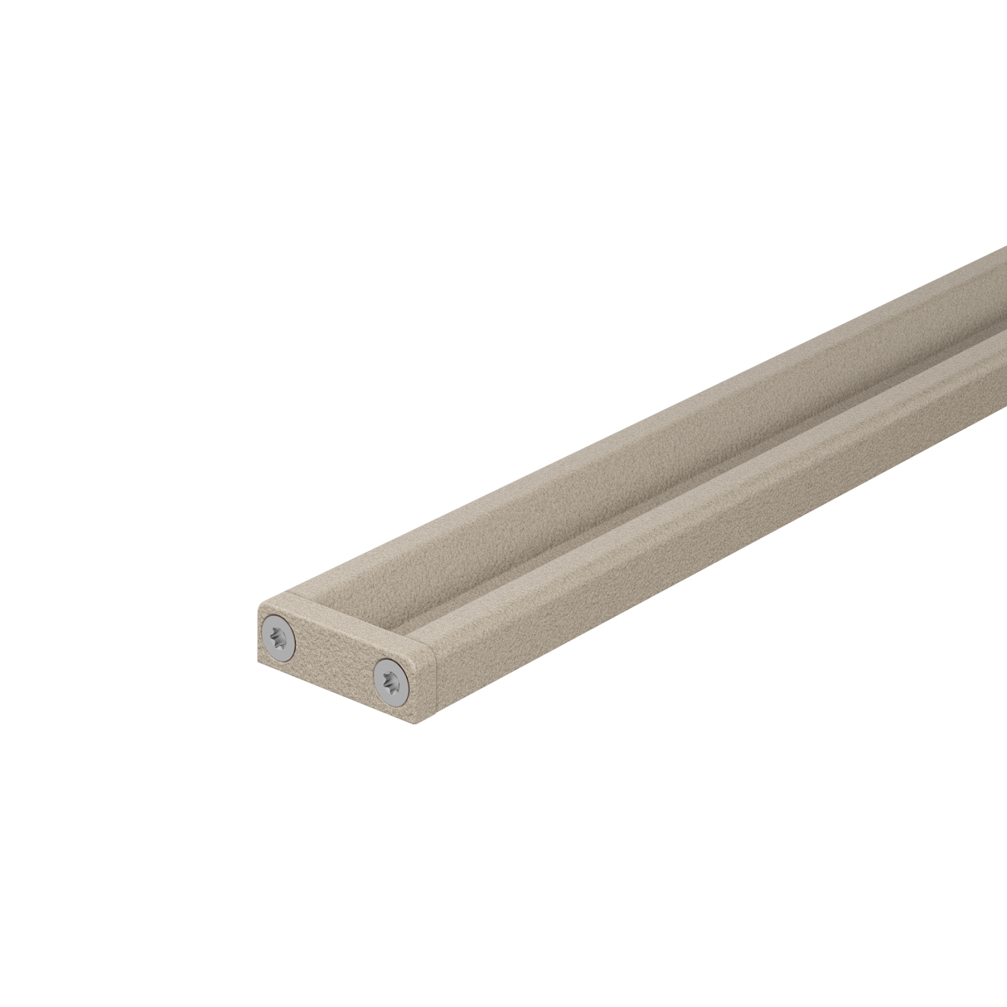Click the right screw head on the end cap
[x=392, y=683]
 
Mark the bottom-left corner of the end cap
[x=259, y=663]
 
